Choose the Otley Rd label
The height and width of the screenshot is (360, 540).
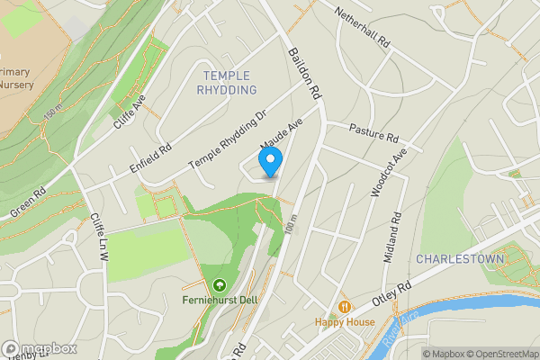pos(391,294)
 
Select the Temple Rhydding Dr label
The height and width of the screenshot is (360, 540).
pos(228,143)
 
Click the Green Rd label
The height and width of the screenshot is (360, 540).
pos(28,202)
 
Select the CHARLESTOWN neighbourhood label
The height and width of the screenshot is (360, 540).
pos(460,259)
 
